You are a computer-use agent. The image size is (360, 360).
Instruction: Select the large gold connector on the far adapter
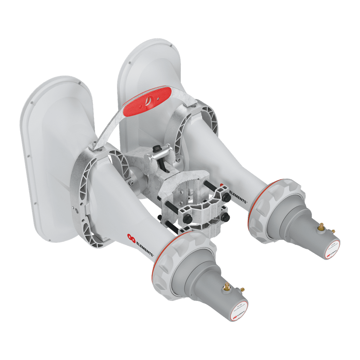coord(320,226)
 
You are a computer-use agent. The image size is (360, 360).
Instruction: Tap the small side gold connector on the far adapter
coord(333,230)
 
